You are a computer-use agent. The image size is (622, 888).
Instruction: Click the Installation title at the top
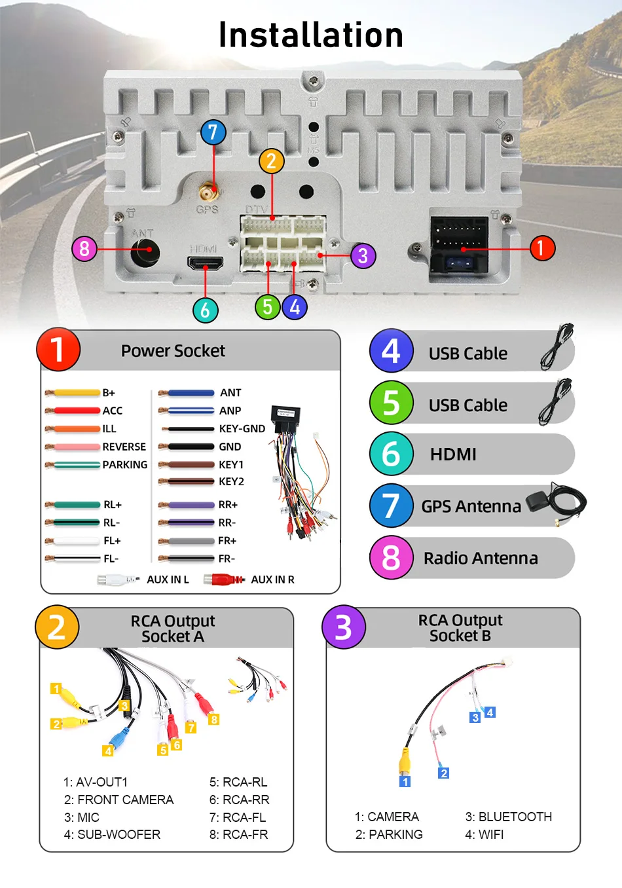311,35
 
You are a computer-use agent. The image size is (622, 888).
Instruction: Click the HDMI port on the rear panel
206,264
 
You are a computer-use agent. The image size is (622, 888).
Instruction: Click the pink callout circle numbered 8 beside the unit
84,249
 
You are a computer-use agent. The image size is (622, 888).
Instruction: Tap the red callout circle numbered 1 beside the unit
541,248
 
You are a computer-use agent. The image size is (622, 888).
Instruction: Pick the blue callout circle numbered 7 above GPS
213,132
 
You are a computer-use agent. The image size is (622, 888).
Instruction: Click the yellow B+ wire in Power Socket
75,393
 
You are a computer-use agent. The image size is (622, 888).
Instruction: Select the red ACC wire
75,411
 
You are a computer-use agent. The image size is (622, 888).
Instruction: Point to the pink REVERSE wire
75,447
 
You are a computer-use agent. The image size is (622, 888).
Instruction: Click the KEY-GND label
242,429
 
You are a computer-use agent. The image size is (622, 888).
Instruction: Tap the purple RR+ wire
188,505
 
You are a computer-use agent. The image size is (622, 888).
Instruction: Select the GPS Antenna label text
471,506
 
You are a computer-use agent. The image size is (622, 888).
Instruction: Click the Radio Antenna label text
481,558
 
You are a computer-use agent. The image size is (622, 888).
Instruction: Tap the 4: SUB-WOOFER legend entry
112,834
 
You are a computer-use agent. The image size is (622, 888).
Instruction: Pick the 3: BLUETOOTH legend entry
508,817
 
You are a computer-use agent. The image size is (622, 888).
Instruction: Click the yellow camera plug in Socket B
405,762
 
